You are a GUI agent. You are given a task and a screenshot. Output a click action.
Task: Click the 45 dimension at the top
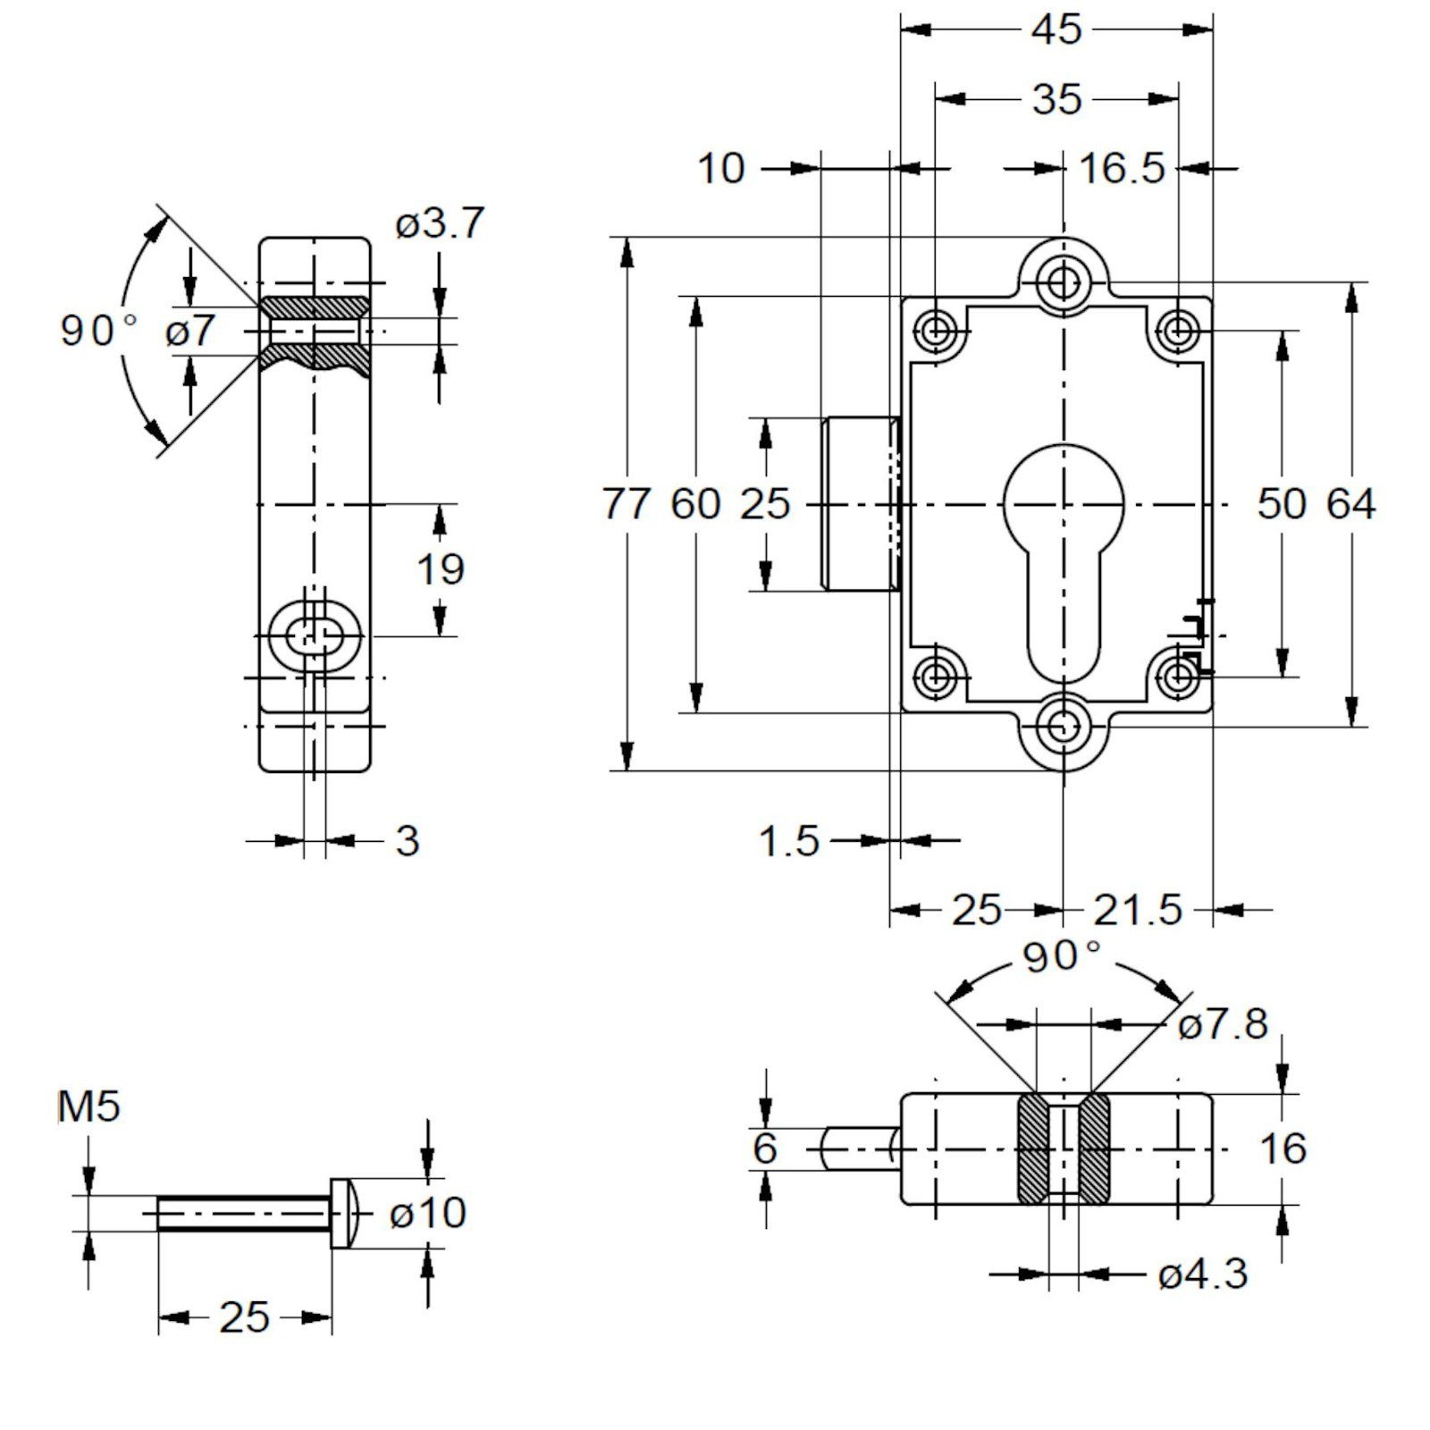1056,29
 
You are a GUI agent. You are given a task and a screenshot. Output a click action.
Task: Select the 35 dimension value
1056,99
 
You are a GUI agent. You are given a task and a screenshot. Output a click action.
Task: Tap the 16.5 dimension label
1123,168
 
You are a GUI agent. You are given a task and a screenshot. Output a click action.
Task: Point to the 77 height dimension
627,504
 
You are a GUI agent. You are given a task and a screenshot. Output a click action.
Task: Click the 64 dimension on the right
1350,504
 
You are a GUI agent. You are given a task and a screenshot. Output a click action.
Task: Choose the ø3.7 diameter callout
440,223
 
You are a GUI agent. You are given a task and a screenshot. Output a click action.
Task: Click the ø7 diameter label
190,332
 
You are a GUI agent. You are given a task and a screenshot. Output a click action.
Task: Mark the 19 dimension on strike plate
441,569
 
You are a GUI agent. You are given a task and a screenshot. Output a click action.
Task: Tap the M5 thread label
88,1107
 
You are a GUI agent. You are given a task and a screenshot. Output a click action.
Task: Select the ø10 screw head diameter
428,1213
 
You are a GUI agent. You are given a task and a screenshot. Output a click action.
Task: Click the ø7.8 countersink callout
1223,1025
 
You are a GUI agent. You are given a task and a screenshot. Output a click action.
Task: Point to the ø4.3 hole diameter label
1202,1274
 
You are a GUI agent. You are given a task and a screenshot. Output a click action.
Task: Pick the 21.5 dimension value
1138,911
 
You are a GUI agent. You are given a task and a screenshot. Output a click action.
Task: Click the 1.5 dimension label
789,841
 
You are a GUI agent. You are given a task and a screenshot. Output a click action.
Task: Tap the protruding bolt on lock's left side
857,504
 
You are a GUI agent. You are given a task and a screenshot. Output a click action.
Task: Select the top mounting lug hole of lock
1063,282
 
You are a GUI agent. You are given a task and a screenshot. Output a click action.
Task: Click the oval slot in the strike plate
315,636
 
